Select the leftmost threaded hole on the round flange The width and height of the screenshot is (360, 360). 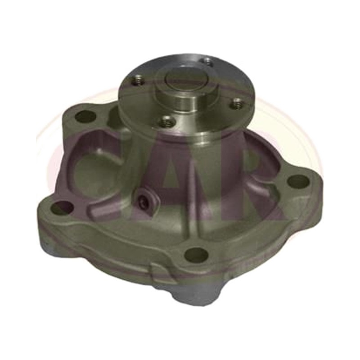point(138,81)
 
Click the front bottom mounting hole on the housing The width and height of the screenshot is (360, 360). point(196,254)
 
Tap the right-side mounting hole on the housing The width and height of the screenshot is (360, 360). point(299,181)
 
